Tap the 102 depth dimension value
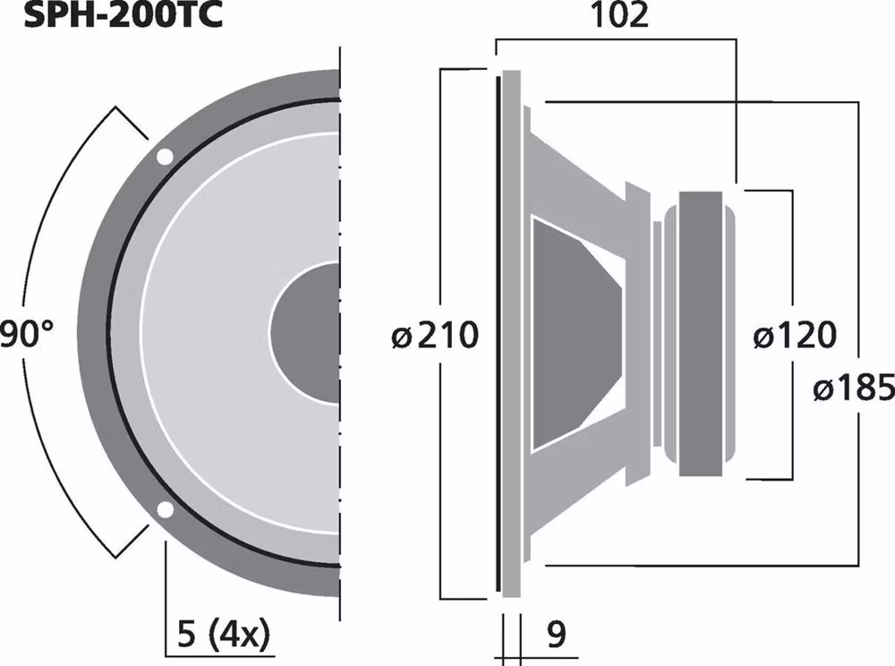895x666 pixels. tap(618, 16)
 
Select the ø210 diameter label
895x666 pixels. tap(436, 337)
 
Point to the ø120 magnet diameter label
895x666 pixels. tap(794, 337)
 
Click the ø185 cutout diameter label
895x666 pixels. tap(854, 388)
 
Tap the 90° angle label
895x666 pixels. tap(27, 337)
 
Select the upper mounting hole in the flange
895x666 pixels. tap(165, 158)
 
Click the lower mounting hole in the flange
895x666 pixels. tap(165, 510)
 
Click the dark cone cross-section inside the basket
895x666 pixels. tap(573, 333)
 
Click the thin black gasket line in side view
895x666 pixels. tap(495, 333)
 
